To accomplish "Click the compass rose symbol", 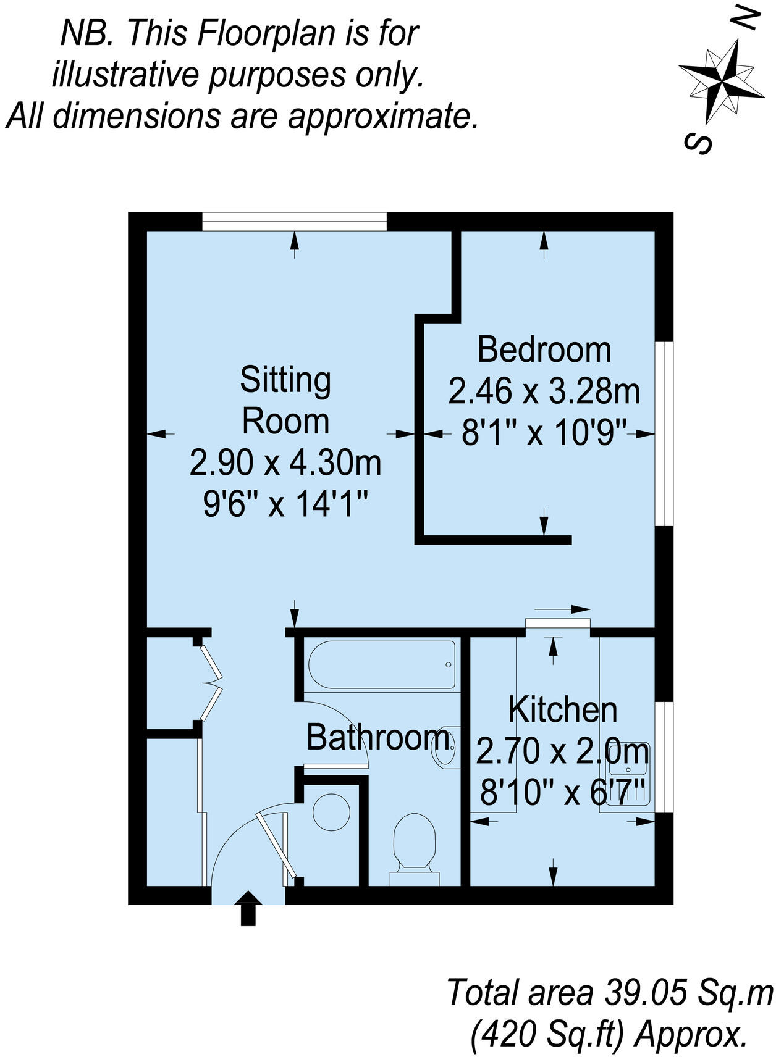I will [x=722, y=80].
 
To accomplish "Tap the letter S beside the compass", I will [x=699, y=144].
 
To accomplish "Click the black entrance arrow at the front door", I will [x=248, y=908].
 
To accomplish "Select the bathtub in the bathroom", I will [x=381, y=664].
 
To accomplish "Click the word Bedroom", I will [x=544, y=350].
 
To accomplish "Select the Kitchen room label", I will [x=562, y=710].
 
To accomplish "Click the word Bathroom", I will [x=377, y=737].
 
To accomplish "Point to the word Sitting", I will [x=285, y=381].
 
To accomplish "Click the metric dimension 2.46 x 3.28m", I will [x=544, y=391].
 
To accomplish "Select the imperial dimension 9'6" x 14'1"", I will [x=285, y=505].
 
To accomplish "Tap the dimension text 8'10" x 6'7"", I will [x=562, y=793].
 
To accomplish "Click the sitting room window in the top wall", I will [x=294, y=222].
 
